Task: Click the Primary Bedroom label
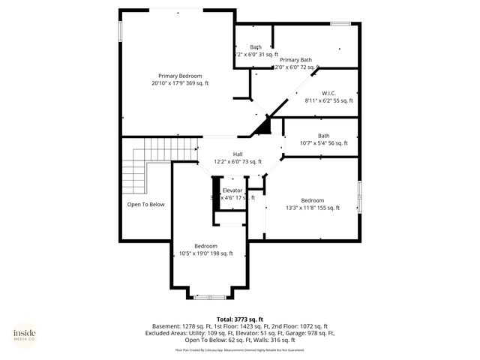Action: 180,76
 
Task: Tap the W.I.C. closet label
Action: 328,94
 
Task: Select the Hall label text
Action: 238,154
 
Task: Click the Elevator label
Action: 232,190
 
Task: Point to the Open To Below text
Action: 145,204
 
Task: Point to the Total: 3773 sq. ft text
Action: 240,319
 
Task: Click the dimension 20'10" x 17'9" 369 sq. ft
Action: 180,83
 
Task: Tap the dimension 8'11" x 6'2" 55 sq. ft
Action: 328,100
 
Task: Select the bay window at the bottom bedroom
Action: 210,298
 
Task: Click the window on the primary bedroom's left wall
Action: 120,29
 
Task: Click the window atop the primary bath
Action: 341,24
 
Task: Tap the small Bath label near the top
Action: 256,47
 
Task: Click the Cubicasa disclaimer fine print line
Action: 240,349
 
